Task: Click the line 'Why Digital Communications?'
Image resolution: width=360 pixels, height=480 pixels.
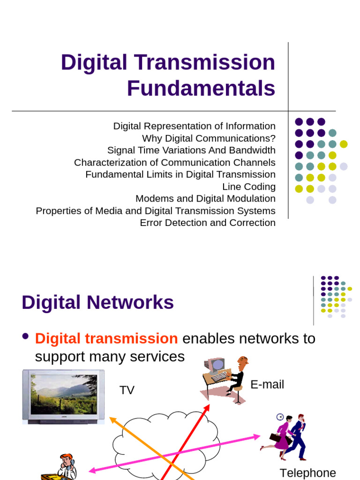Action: [x=209, y=138]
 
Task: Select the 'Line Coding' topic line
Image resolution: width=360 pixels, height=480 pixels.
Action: [x=248, y=187]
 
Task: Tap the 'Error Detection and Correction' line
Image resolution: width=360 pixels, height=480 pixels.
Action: [x=208, y=223]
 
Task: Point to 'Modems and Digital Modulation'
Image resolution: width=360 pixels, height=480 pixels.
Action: [x=205, y=199]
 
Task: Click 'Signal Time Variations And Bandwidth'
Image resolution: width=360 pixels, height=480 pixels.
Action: [x=191, y=150]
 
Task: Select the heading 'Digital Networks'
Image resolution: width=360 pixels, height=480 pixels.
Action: [x=97, y=302]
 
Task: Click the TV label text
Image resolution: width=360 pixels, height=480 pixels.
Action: [x=127, y=390]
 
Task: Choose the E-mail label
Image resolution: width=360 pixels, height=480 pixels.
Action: [x=267, y=385]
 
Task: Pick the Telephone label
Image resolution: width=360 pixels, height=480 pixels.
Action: [x=307, y=473]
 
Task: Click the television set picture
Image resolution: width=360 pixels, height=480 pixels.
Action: [x=64, y=397]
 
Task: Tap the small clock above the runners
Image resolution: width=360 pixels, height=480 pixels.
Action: [x=280, y=417]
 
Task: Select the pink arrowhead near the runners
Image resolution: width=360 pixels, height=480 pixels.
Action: [x=256, y=437]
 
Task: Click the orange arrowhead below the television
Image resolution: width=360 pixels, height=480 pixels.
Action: [x=112, y=420]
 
